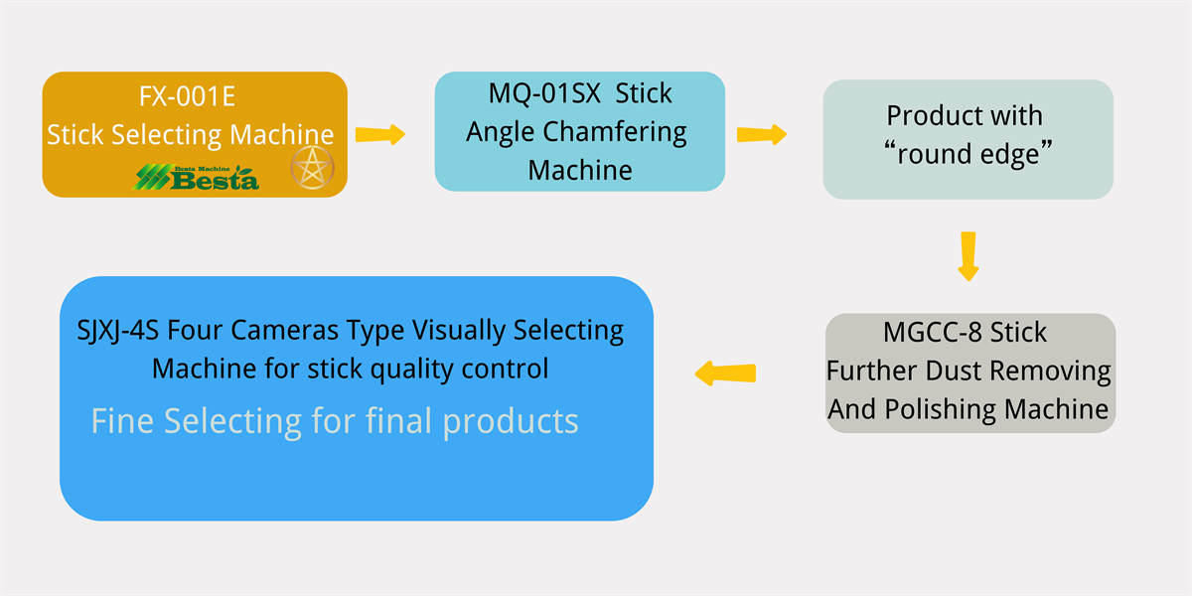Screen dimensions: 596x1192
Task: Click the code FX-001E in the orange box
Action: click(188, 98)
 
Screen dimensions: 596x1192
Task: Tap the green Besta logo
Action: click(197, 178)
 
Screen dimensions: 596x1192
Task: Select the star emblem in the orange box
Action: click(312, 168)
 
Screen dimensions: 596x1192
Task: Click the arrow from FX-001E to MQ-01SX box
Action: click(380, 134)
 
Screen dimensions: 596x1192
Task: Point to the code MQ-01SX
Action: click(545, 93)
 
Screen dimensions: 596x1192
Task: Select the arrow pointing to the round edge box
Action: click(761, 134)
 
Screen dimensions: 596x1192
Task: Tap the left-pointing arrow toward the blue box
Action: click(725, 373)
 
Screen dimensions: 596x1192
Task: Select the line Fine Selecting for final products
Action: click(335, 421)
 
